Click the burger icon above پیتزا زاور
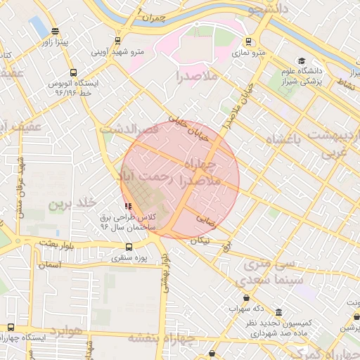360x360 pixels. pos(56,31)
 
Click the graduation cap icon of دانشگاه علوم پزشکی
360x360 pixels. pos(302,61)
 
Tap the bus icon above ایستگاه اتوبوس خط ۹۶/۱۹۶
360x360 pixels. pos(74,72)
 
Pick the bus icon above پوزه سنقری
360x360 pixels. pos(129,247)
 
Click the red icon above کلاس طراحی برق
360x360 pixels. pos(127,206)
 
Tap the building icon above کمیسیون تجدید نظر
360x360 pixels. pos(279,312)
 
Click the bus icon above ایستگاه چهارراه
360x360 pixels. pos(11,327)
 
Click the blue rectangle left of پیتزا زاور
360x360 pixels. pos(36,27)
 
